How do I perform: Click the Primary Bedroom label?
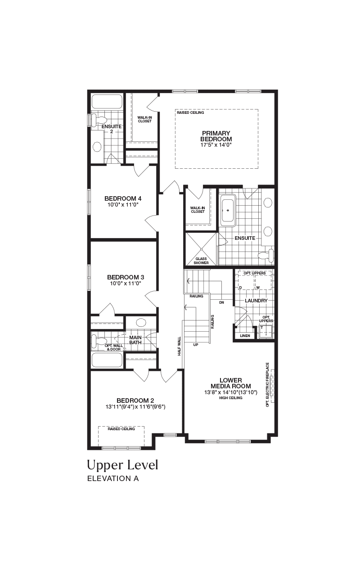pos(216,136)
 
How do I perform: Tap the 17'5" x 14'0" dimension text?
pos(216,145)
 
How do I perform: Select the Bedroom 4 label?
pos(123,198)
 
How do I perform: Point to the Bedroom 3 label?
pos(126,277)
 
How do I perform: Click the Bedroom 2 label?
pos(135,400)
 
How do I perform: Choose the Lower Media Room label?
pos(231,383)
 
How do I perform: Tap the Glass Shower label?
pos(201,261)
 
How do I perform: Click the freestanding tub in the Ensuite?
pos(228,211)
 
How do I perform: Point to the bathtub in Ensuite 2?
pos(107,102)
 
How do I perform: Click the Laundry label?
pos(256,300)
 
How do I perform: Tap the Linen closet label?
pos(245,336)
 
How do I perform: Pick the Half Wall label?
pos(179,346)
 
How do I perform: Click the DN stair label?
pos(222,302)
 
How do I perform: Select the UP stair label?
pos(196,345)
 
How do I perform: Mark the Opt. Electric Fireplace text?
pos(267,385)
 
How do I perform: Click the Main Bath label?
pos(135,340)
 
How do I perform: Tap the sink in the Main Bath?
pos(141,323)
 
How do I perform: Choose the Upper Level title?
pos(123,465)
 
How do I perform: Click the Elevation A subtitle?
pos(113,478)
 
